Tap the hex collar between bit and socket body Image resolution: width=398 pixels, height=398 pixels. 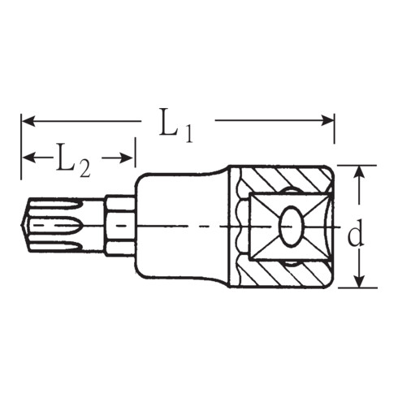(x=119, y=223)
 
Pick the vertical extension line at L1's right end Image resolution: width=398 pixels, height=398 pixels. (x=334, y=138)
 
